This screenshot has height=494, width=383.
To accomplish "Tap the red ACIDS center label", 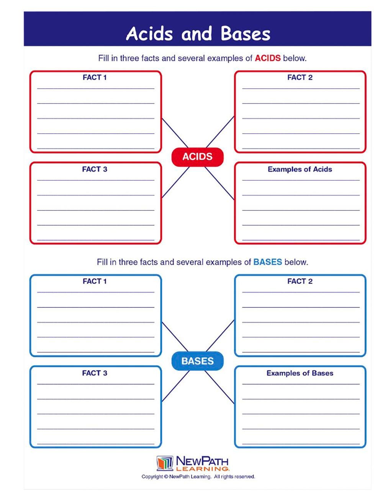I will (197, 157).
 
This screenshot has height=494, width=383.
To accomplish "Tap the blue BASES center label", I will (197, 361).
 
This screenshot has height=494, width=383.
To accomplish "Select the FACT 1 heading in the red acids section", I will (95, 77).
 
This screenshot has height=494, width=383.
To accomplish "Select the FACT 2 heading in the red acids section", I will (300, 77).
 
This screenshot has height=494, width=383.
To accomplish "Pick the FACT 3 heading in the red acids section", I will (95, 169).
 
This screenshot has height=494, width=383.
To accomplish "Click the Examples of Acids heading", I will (300, 169).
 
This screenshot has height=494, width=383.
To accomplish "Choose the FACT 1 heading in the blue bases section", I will (95, 281).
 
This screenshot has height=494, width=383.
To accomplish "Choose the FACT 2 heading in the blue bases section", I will (300, 281).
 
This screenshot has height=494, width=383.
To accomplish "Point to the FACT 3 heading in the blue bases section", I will (95, 373).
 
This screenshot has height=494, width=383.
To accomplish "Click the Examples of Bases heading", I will (300, 373).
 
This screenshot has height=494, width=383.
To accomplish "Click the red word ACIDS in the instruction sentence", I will (268, 58).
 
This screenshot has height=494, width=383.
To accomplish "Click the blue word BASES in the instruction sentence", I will (268, 262).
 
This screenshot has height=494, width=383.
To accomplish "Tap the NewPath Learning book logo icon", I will (165, 463).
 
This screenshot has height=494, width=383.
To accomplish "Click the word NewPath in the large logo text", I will (202, 461).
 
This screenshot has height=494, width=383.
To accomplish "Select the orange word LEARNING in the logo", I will (202, 469).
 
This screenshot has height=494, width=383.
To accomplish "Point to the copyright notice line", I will (198, 477).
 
